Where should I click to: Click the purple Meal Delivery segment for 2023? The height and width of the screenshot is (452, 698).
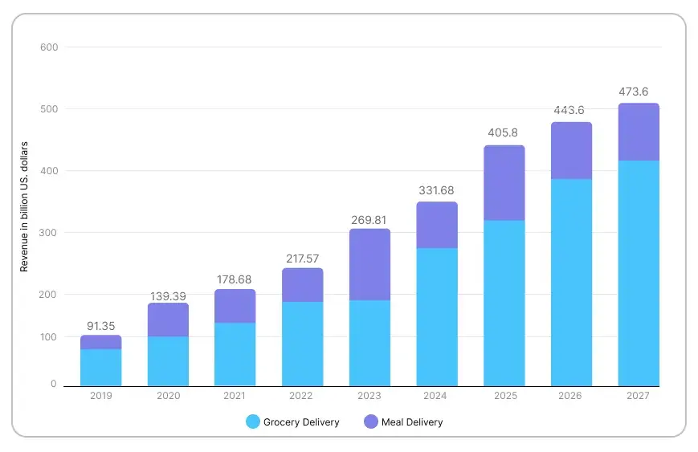pos(369,264)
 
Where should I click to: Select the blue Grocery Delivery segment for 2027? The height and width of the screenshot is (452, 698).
pos(639,273)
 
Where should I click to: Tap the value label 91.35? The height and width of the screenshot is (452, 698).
pos(100,326)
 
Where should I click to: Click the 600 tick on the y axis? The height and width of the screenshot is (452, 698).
pos(48,47)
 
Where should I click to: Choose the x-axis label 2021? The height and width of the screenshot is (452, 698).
pos(235,396)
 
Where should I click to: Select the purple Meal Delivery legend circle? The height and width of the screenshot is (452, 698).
pos(371,421)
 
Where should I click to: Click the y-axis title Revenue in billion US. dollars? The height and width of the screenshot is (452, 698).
pos(24,206)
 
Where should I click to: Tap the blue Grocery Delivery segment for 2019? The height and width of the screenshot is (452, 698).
pos(100,367)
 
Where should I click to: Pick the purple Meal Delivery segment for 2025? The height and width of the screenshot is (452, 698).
pos(504,183)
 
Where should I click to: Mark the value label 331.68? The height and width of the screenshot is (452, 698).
pos(437,190)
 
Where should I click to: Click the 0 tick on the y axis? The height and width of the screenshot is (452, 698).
pos(54,385)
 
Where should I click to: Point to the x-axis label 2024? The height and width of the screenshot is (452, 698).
pos(437,396)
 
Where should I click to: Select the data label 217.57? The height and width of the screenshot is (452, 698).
pos(302,259)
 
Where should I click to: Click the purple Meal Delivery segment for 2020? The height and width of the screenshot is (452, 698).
pos(168,320)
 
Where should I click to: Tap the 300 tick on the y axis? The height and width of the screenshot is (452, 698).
pos(48,233)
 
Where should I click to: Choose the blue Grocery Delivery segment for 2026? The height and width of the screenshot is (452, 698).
pos(571,282)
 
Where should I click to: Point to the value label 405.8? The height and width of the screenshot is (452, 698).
pos(504,133)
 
